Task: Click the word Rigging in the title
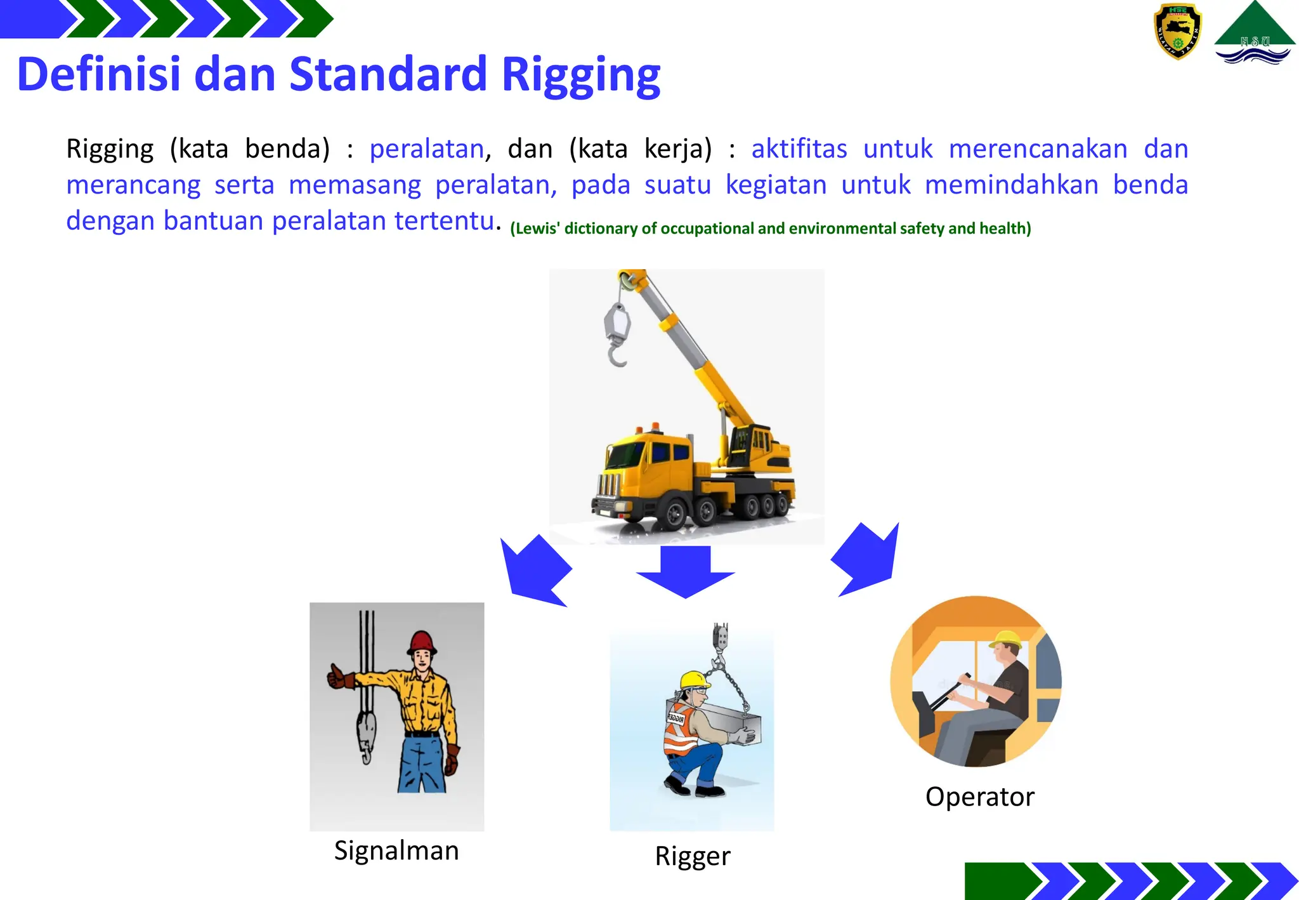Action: [x=580, y=76]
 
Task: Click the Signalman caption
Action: [x=396, y=850]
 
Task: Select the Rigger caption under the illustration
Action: [x=693, y=856]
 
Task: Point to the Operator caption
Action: [x=980, y=797]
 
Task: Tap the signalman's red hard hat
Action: [x=422, y=642]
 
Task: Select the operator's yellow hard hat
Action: [x=1005, y=638]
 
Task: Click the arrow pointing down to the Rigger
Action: [x=686, y=571]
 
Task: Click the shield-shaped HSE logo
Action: [x=1177, y=31]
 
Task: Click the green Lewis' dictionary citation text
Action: [x=771, y=228]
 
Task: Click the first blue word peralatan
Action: [x=427, y=149]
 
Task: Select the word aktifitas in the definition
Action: [x=799, y=149]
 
